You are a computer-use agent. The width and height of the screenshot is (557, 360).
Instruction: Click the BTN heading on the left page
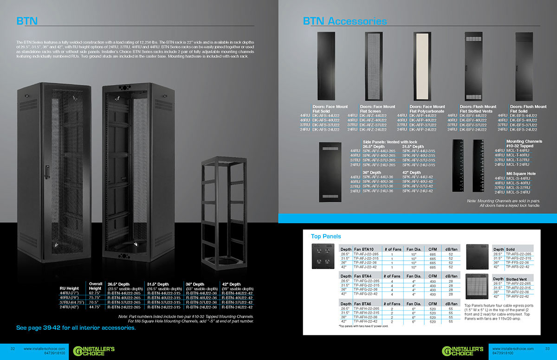click(27, 21)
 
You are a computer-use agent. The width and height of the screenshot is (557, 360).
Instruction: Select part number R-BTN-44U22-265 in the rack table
click(125, 293)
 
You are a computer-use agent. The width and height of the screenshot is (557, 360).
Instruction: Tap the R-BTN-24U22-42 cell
click(237, 307)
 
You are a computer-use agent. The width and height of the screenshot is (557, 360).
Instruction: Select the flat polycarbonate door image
click(426, 66)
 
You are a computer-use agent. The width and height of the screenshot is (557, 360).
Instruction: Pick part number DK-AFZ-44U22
click(376, 116)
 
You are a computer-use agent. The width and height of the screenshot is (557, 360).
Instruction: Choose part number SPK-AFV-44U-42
click(417, 177)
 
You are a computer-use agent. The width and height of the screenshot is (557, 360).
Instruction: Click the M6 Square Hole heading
click(521, 173)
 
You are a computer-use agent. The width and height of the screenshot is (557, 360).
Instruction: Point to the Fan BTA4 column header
click(364, 276)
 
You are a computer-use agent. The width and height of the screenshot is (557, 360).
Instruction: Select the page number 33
click(547, 348)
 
